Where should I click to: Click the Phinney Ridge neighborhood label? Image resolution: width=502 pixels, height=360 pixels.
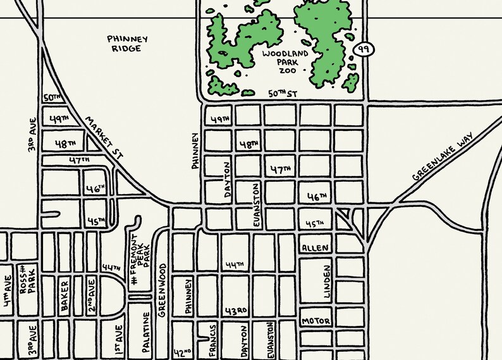pos(127,44)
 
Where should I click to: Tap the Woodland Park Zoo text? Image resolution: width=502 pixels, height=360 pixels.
pos(286,62)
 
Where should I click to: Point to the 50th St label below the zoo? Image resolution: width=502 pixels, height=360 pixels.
pos(282,94)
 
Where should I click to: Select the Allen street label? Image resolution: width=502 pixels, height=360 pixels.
pos(315,248)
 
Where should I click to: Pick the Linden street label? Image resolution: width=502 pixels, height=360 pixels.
pos(327,282)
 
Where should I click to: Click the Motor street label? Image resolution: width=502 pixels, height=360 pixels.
pos(315,321)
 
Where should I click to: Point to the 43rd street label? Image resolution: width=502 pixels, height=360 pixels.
pos(236,312)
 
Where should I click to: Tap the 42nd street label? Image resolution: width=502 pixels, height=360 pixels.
pos(182,352)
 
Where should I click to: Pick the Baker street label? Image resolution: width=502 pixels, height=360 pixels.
pos(64,295)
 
